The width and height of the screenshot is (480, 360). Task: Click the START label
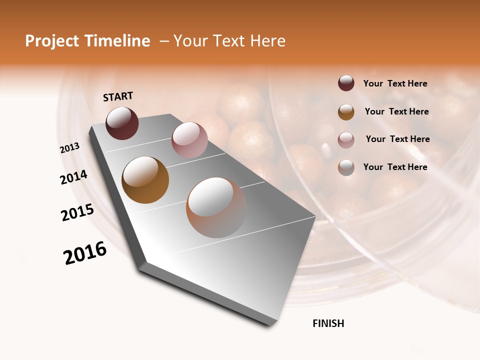(118, 96)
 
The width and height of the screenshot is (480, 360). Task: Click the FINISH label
(328, 323)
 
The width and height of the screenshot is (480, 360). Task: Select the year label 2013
(70, 148)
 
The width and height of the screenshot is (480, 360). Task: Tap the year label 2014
(73, 177)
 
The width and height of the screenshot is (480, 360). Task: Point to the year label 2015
(77, 212)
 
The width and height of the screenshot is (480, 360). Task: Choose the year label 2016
(85, 253)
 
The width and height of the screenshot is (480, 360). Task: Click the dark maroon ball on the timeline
(122, 123)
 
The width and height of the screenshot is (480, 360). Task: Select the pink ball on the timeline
(189, 139)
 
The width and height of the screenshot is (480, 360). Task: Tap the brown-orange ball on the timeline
(145, 180)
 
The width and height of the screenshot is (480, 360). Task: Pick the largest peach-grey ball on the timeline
(216, 207)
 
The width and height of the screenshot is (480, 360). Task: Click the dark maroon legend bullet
(346, 83)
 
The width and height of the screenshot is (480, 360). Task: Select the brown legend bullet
(346, 112)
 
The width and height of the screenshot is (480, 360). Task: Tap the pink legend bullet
(346, 139)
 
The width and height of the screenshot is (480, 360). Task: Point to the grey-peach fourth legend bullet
(346, 167)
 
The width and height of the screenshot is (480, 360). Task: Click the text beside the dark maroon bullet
(395, 83)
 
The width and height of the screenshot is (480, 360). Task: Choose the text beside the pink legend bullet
(397, 139)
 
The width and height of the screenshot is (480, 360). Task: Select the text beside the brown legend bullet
(396, 111)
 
